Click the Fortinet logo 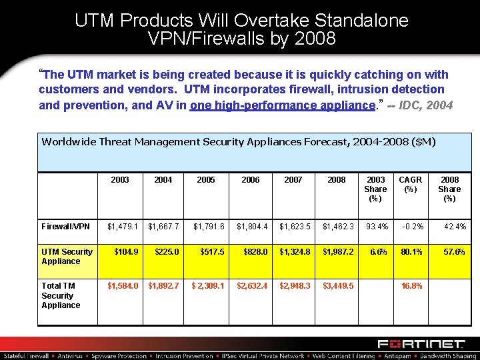[421, 344]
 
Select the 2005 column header [206, 180]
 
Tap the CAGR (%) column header [410, 185]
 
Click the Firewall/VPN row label [65, 227]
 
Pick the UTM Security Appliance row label [67, 257]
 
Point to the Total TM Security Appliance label [61, 295]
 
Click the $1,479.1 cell [123, 227]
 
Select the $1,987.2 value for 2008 [338, 252]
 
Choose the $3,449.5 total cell [338, 286]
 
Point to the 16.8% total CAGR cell [411, 286]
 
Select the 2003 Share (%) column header [375, 189]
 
